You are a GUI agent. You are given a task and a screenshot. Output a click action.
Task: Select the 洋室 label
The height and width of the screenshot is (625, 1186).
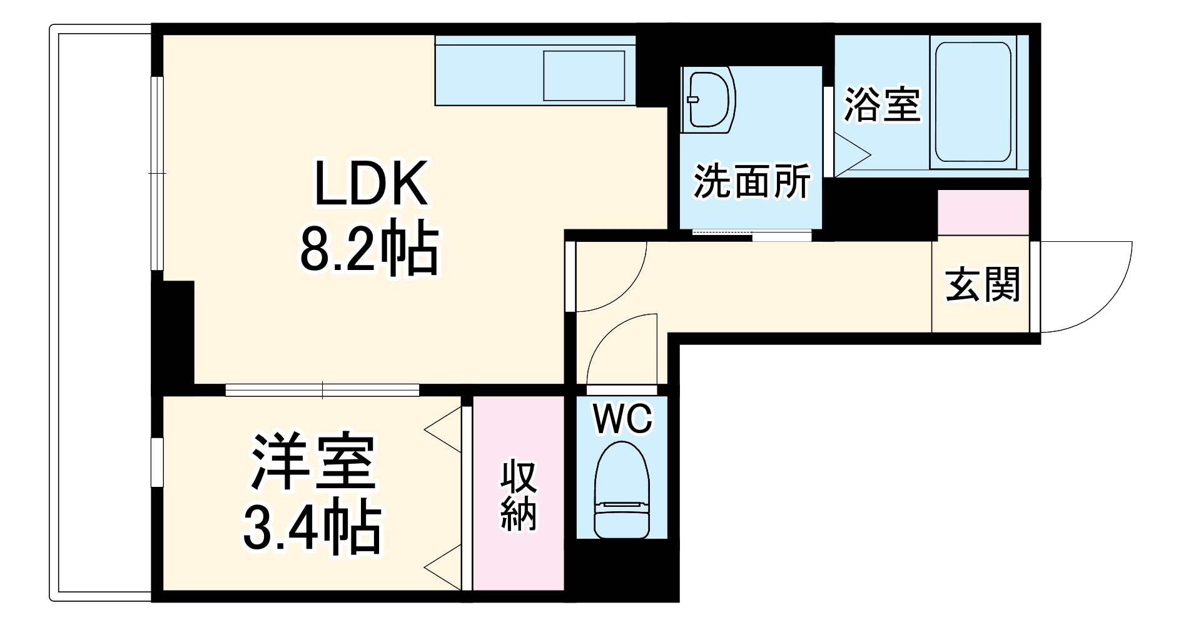click(x=313, y=463)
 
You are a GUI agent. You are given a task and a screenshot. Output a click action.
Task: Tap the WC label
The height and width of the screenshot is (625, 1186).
click(x=622, y=419)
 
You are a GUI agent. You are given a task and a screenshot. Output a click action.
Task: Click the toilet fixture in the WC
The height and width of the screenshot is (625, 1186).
click(x=622, y=491)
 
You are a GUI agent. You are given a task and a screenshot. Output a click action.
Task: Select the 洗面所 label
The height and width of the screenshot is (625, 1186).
click(x=751, y=181)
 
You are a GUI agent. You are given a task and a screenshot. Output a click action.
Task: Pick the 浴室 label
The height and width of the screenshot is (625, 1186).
click(x=882, y=104)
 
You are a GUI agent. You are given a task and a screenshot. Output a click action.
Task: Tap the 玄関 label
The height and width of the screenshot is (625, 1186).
click(x=982, y=286)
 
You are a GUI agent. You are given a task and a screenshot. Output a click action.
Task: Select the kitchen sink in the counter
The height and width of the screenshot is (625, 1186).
click(x=584, y=75)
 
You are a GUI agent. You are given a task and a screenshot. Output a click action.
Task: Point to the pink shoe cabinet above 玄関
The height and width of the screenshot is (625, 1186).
click(x=983, y=212)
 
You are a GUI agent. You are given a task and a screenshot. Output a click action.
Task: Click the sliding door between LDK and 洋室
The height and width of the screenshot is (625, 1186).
click(x=322, y=390)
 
